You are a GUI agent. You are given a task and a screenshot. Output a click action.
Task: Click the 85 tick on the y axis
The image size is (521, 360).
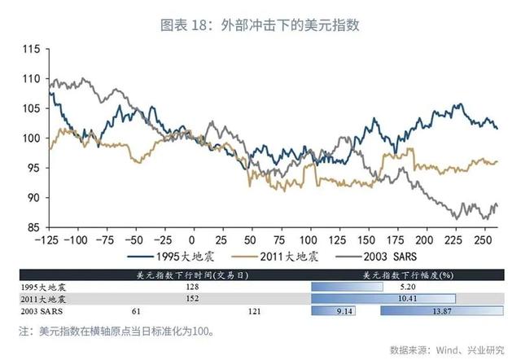(33, 227)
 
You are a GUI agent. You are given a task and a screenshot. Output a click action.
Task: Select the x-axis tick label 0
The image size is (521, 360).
(191, 241)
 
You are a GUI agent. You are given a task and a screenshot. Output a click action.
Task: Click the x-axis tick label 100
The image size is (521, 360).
(308, 241)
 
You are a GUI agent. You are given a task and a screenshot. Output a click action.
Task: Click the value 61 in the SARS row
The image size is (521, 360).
(136, 311)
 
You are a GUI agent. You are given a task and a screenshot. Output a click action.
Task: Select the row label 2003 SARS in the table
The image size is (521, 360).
(40, 311)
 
